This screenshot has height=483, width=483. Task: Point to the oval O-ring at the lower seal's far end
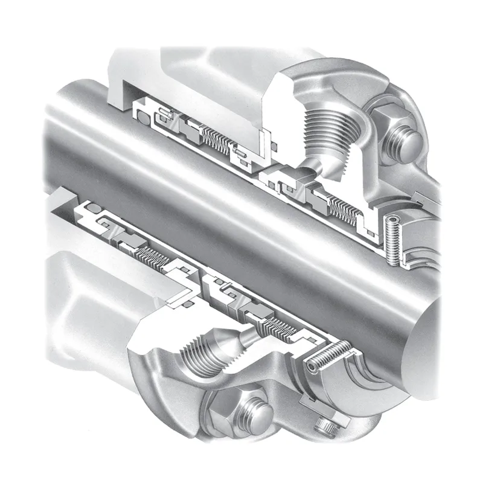click(x=94, y=208)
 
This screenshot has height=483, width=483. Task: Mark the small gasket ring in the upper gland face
click(x=274, y=146)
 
